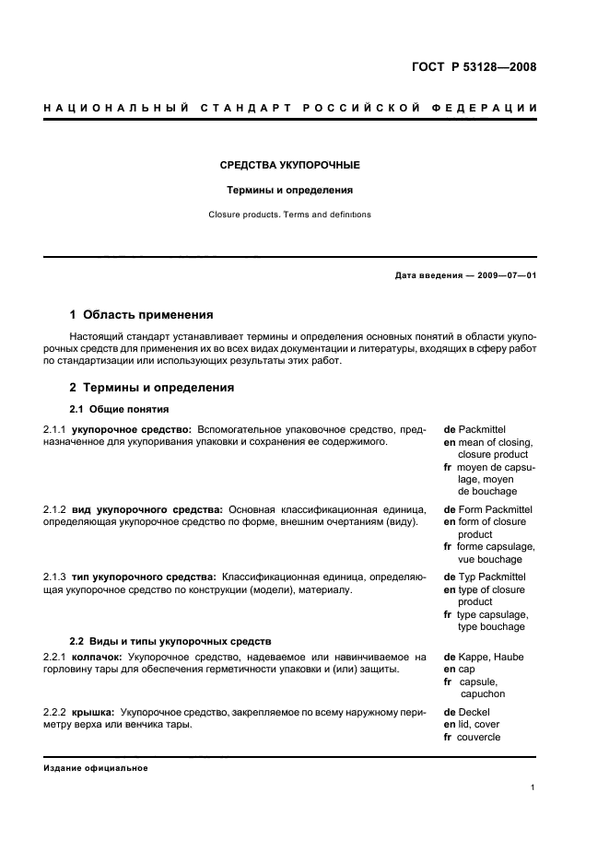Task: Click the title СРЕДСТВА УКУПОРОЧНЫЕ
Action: tap(289, 166)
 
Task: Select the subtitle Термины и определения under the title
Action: tap(290, 191)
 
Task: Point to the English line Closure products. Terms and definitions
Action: tap(289, 215)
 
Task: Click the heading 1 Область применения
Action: tap(142, 315)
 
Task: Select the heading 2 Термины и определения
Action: tap(152, 388)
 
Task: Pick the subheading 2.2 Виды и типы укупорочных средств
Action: tap(170, 640)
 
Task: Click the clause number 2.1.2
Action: tap(55, 509)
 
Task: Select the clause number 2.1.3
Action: tap(55, 577)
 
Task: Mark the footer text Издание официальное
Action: tap(96, 768)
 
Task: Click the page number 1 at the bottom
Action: tap(533, 787)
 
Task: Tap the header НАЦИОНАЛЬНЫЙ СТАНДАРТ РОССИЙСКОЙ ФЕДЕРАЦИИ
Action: tap(290, 109)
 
